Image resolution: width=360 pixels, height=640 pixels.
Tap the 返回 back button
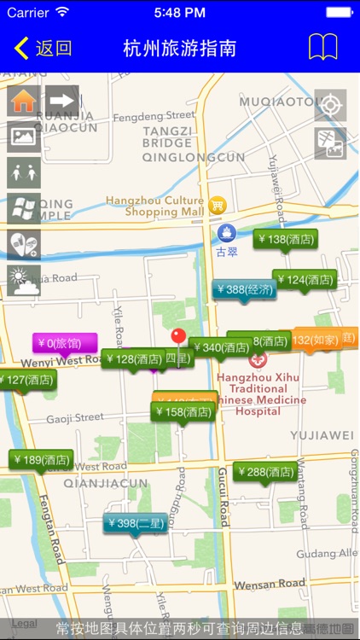43,48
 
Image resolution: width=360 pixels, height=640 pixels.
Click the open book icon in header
322,48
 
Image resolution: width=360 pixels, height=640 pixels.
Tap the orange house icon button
24,101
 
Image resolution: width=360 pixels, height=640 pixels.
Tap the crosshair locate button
330,105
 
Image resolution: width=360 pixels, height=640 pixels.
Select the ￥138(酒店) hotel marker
285,240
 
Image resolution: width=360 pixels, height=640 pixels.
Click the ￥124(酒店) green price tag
305,280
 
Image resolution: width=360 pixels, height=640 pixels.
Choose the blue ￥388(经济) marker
244,290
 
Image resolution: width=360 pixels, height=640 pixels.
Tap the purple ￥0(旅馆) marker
65,343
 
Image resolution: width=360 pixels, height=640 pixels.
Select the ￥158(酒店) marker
183,412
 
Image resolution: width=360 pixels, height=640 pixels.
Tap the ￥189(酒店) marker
41,460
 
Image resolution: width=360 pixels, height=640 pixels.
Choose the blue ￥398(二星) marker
134,522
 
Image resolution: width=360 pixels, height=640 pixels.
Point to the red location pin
178,335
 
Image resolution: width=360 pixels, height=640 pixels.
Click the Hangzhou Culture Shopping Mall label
155,206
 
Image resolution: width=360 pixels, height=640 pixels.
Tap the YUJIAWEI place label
321,435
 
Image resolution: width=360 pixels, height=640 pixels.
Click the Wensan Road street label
270,584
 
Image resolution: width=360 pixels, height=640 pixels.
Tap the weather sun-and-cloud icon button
24,280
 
